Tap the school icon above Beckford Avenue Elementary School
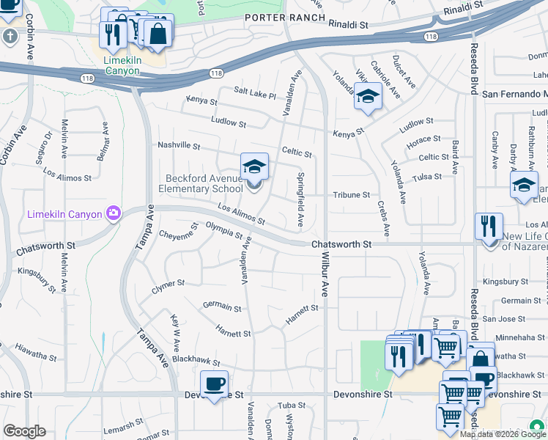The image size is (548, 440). (x=254, y=166)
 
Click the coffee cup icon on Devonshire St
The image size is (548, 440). (x=214, y=384)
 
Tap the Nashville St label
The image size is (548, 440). (x=179, y=145)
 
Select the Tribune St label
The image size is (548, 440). (x=352, y=195)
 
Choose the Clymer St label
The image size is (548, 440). (x=168, y=282)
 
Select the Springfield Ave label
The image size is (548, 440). (x=300, y=199)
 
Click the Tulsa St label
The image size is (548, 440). (x=427, y=177)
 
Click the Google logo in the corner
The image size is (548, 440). (x=24, y=431)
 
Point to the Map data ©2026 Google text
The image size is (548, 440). (x=503, y=434)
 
